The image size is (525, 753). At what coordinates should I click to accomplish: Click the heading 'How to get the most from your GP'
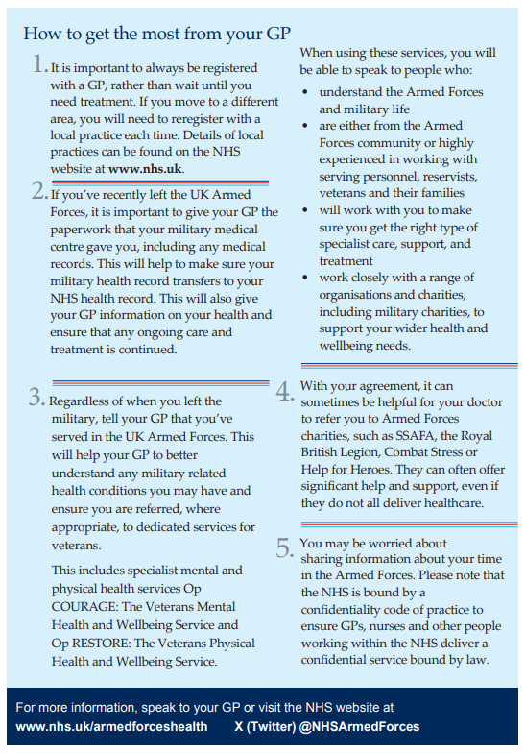[x=155, y=34]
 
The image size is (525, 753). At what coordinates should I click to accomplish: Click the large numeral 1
[x=38, y=65]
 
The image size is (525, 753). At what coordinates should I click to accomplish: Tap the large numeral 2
[x=38, y=191]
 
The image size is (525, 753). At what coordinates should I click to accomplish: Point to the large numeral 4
[x=285, y=391]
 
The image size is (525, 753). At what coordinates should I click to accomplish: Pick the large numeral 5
[x=285, y=547]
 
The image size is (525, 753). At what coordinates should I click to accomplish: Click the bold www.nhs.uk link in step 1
[x=145, y=168]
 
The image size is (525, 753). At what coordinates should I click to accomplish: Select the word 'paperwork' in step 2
[x=81, y=229]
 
